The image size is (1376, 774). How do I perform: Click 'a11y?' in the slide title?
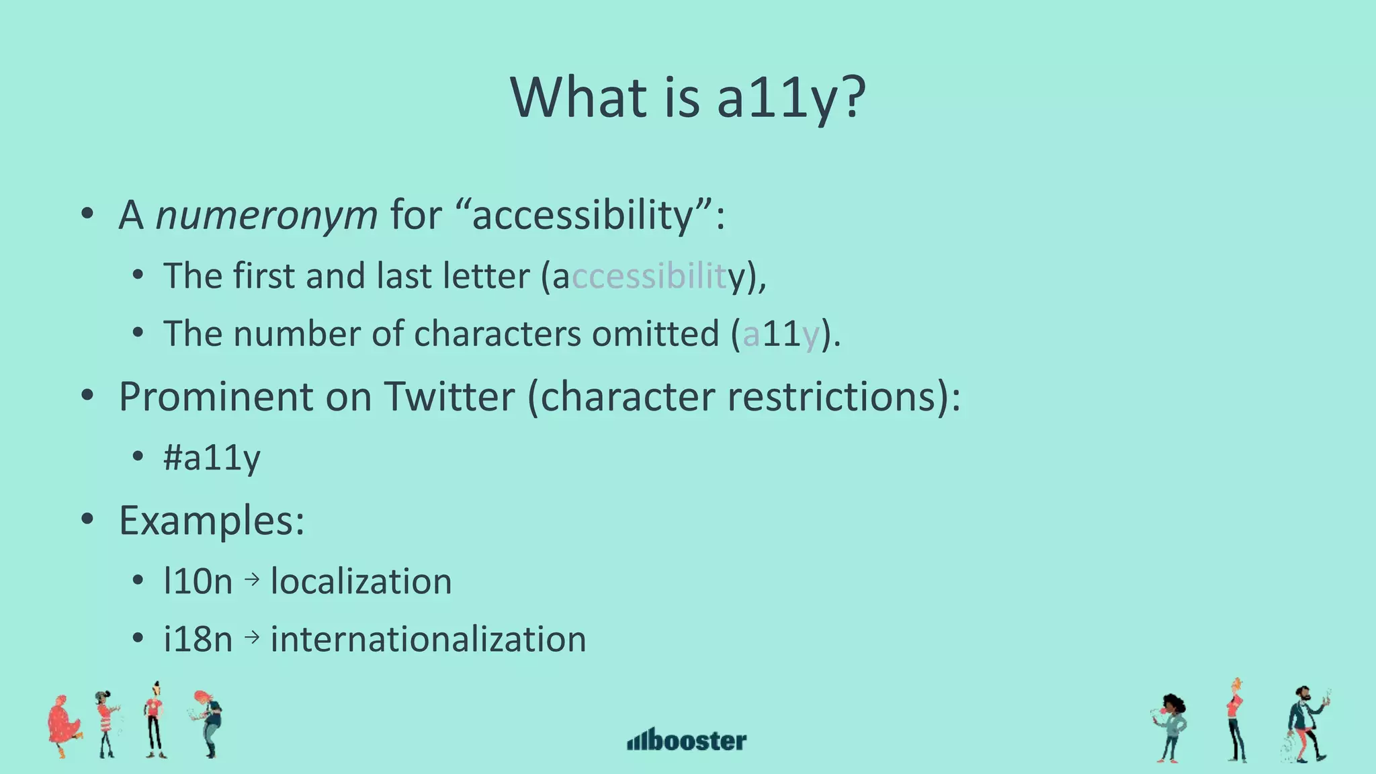click(790, 98)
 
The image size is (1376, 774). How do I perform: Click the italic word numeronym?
click(267, 216)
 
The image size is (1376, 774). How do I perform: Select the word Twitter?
click(449, 396)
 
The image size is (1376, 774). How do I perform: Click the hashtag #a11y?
click(212, 458)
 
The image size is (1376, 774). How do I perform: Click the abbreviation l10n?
click(198, 582)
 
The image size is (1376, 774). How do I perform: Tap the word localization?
click(361, 582)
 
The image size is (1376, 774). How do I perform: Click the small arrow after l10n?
click(252, 579)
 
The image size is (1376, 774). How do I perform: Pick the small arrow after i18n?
click(252, 636)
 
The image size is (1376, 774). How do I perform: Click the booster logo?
click(687, 740)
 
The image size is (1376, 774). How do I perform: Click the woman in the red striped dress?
click(105, 723)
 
